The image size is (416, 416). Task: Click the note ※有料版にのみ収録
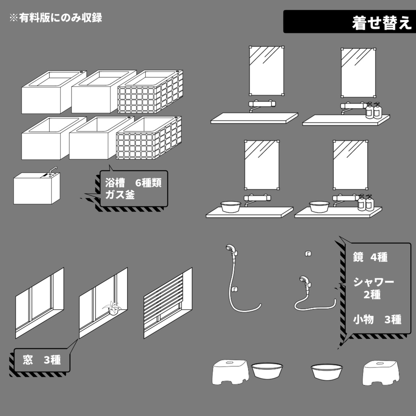click(56, 18)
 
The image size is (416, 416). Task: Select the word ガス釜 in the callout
click(120, 195)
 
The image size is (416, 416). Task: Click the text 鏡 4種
click(370, 257)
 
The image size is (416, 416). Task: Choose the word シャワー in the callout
click(373, 282)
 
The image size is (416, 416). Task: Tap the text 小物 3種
click(377, 320)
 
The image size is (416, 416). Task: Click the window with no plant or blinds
click(39, 301)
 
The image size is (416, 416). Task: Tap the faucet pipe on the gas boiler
click(52, 170)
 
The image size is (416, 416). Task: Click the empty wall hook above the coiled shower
click(308, 254)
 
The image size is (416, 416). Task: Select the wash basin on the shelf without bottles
click(230, 206)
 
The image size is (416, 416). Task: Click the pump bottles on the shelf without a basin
click(373, 110)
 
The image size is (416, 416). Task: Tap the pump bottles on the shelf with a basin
click(365, 203)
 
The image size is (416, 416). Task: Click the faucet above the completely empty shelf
click(260, 105)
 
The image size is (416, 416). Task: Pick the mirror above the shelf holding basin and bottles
click(350, 165)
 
